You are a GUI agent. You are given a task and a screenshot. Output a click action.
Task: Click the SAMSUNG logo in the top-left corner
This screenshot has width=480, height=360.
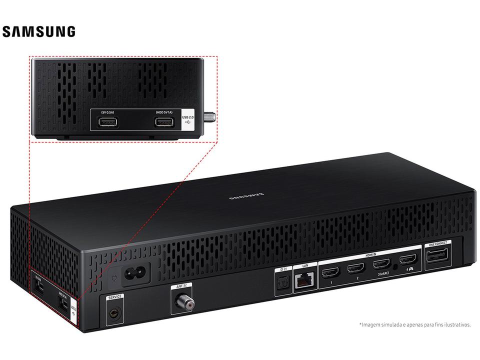coord(38,32)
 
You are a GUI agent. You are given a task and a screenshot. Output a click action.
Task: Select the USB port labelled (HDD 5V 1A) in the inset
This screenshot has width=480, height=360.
coord(163,121)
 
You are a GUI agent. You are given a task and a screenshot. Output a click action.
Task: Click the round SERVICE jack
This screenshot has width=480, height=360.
coord(114,313)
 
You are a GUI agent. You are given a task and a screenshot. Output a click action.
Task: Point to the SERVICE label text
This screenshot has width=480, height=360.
coord(114,297)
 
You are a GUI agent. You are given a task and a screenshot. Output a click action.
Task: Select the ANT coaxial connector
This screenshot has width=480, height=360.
coord(180,301)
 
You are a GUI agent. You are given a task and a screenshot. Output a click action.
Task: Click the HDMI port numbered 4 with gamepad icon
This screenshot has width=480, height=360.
coord(408,260)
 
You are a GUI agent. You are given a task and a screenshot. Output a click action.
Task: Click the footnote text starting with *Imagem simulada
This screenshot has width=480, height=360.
coord(414,324)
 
